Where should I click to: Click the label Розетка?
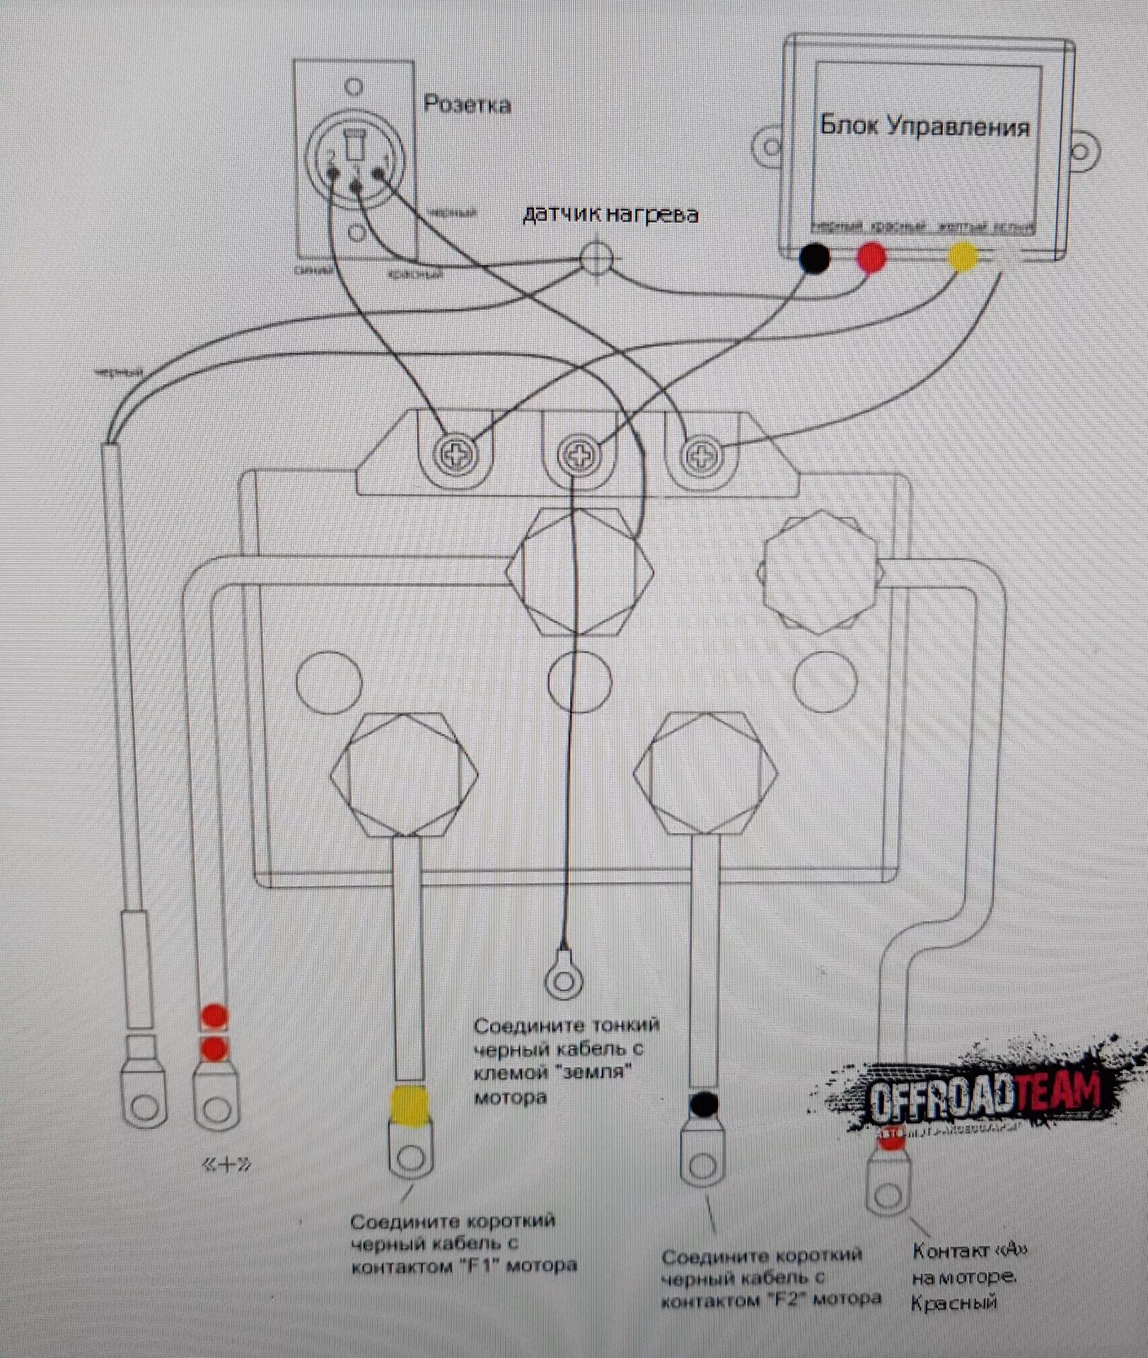click(467, 105)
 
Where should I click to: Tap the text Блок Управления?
click(924, 127)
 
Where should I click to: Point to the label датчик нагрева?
click(610, 214)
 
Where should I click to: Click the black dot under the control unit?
click(814, 257)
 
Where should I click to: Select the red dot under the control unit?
click(871, 257)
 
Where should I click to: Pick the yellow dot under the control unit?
click(963, 257)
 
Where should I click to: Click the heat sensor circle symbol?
click(596, 258)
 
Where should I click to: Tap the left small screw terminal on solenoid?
click(457, 455)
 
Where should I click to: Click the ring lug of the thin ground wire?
click(564, 980)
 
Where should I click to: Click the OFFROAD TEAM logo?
click(983, 1093)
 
